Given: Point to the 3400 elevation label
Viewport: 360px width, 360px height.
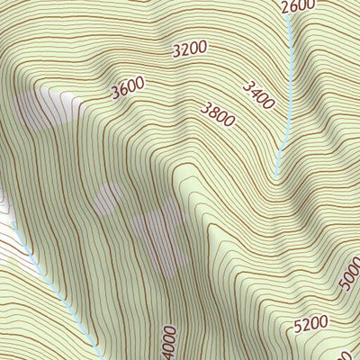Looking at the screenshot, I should (257, 94).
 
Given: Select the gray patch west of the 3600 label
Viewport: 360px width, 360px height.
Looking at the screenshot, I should (36, 112).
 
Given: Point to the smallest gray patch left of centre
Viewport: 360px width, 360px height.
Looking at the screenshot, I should (109, 198).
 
